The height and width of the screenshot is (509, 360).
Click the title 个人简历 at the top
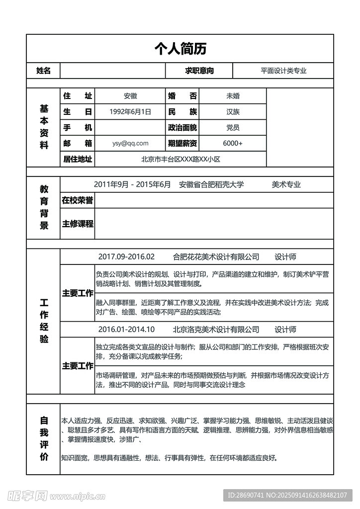tap(180, 48)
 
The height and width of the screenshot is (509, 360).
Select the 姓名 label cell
tap(43, 71)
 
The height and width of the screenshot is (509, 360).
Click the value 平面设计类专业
tap(283, 71)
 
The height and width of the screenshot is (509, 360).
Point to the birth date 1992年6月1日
tap(130, 112)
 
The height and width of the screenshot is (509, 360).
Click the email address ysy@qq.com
tap(130, 143)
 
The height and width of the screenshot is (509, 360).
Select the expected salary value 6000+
tap(233, 143)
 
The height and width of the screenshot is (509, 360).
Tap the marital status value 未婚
tap(233, 96)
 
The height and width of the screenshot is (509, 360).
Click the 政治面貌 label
tap(182, 128)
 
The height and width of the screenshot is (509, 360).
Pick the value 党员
tap(233, 128)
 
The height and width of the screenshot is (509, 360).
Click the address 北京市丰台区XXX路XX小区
tap(180, 159)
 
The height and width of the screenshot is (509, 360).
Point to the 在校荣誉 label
tap(78, 200)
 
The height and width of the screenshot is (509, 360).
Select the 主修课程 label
tap(78, 224)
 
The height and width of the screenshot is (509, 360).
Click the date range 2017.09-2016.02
tap(126, 257)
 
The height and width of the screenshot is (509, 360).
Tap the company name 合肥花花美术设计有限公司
tap(216, 257)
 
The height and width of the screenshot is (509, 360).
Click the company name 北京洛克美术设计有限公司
tap(216, 330)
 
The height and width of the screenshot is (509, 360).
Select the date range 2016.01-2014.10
tap(126, 330)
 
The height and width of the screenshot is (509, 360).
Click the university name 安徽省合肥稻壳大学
tap(212, 185)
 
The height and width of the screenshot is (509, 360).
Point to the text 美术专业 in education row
tap(286, 185)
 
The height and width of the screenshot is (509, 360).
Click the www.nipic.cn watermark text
tap(80, 496)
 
